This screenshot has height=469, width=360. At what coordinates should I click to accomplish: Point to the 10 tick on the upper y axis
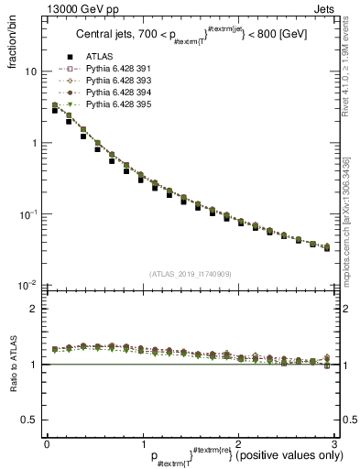coord(30,71)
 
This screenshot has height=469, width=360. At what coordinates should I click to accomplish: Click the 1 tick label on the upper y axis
coord(34,143)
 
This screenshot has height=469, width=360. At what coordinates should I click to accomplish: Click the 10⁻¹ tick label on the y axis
coord(28,214)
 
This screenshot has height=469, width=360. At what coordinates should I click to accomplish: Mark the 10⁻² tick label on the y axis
coord(28,286)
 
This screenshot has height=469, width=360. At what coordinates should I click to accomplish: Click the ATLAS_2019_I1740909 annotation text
coord(191,273)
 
